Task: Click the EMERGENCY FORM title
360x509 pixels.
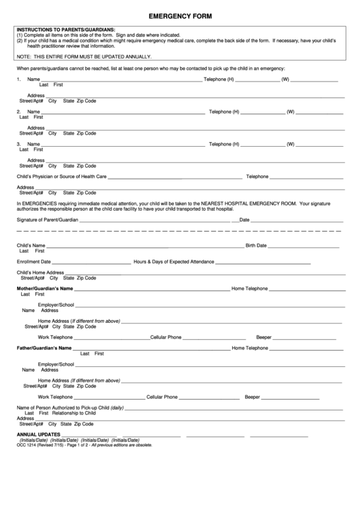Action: click(x=180, y=16)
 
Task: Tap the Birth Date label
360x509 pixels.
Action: click(x=256, y=245)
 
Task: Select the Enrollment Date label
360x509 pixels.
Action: click(x=34, y=262)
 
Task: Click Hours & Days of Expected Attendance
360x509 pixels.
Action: click(x=174, y=262)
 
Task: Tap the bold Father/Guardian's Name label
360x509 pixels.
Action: click(x=44, y=348)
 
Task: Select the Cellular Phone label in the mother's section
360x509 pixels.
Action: click(x=166, y=337)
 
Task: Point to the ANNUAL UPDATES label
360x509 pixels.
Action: click(x=39, y=434)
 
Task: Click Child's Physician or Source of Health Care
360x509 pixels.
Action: click(x=62, y=177)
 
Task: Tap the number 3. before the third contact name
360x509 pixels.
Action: click(x=18, y=144)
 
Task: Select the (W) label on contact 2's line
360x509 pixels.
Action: click(x=290, y=111)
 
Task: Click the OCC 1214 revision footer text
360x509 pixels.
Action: click(x=84, y=445)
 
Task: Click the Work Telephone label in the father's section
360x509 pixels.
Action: click(x=55, y=397)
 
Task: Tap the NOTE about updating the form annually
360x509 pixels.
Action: click(x=84, y=56)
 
